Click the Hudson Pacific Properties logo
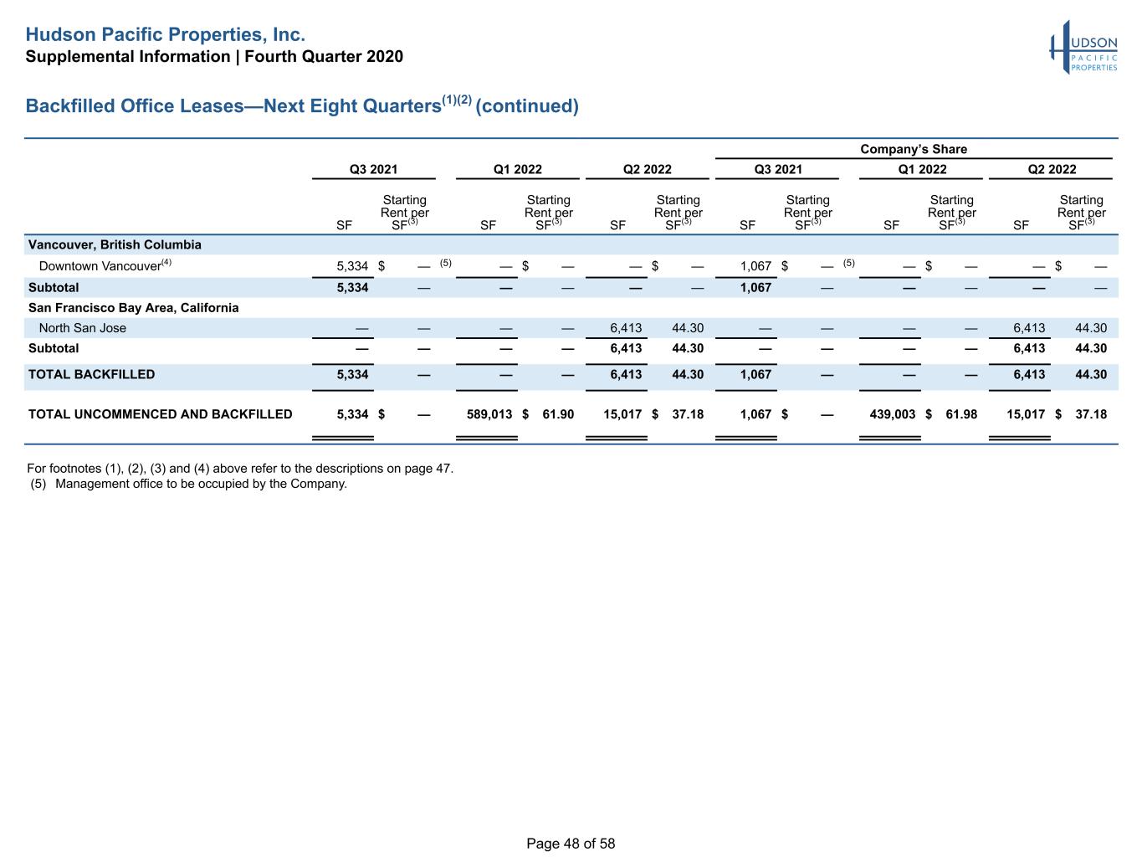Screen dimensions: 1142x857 [x=1083, y=48]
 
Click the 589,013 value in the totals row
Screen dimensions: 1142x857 [x=489, y=414]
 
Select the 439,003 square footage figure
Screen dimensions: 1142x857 [x=893, y=414]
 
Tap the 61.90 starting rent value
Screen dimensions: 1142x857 [x=558, y=414]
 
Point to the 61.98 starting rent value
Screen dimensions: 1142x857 [x=961, y=414]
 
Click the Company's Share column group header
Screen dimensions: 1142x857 [x=913, y=149]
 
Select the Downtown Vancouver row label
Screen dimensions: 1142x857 [x=105, y=265]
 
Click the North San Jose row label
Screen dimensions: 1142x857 [x=82, y=328]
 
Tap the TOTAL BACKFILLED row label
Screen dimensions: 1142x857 [x=91, y=374]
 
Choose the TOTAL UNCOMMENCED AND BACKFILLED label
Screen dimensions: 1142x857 [x=161, y=414]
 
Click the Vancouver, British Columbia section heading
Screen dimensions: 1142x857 [x=115, y=244]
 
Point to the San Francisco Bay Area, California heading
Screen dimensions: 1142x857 [x=133, y=307]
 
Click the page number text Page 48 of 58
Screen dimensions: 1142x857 [x=571, y=844]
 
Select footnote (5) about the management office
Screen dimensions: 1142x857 [x=188, y=484]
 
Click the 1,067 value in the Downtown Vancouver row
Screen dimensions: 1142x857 [x=755, y=266]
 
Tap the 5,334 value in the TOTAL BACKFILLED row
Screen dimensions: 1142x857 [x=352, y=374]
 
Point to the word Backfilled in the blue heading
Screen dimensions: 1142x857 [x=70, y=105]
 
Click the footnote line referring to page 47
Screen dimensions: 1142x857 [x=240, y=469]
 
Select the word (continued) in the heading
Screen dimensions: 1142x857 [x=526, y=106]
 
